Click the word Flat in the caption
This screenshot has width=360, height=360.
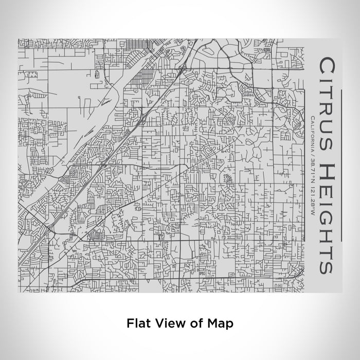pyautogui.click(x=137, y=324)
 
